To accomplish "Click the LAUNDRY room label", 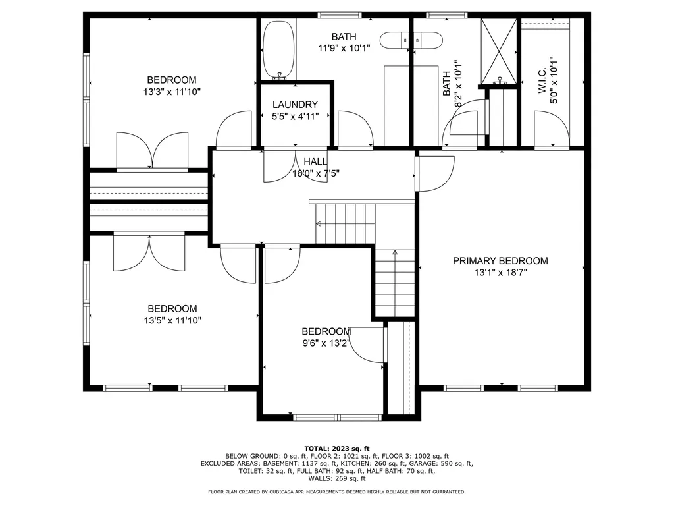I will [x=295, y=105].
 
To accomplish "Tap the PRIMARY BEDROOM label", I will [x=500, y=261].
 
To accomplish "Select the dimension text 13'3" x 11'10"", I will [x=172, y=92].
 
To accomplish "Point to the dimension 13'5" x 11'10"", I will [x=172, y=320].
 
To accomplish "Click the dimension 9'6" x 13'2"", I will [x=326, y=343].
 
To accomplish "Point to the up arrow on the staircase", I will [x=395, y=253].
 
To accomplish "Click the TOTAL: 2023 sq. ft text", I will [x=336, y=447].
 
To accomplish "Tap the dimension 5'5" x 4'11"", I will [x=295, y=117].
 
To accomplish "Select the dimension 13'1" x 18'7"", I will [x=500, y=272].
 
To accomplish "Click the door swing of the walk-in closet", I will [x=550, y=128].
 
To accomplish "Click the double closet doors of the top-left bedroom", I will [x=152, y=150].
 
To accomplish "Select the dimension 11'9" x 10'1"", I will [x=344, y=48].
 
